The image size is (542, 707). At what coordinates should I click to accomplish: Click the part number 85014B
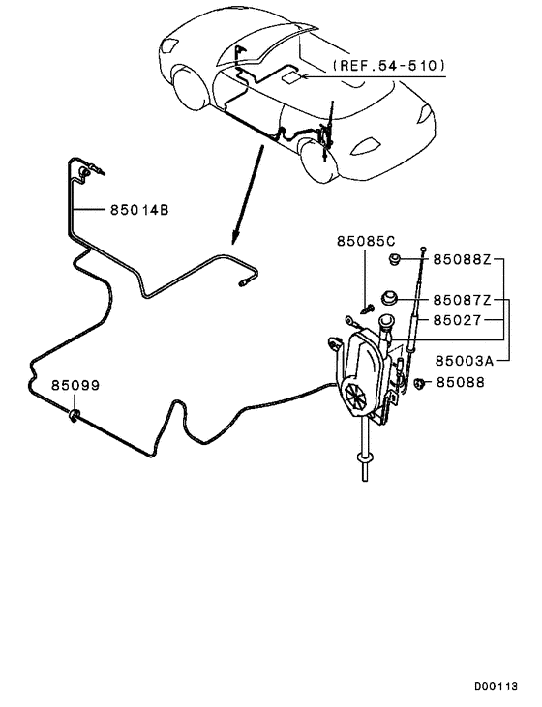tap(128, 209)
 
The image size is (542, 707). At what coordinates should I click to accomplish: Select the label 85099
tap(75, 385)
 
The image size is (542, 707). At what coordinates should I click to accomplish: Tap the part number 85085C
tap(366, 240)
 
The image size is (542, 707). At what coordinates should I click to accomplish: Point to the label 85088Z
tap(462, 259)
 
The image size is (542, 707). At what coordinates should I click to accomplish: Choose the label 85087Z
tap(462, 300)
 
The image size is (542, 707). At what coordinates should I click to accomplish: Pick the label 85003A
tap(465, 359)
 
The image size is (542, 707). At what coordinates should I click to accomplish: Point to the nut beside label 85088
tap(421, 383)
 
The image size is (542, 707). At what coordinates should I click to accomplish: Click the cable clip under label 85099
tap(75, 417)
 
